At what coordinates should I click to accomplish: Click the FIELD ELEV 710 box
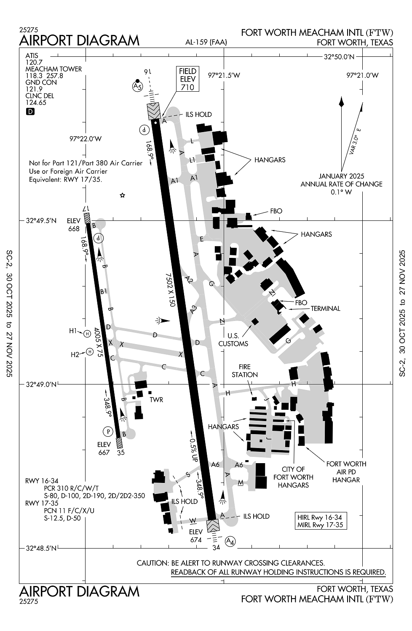coord(187,79)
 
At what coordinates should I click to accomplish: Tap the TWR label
coord(156,400)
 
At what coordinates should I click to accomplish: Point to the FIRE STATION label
coord(245,371)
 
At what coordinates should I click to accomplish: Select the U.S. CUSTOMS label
coord(233,340)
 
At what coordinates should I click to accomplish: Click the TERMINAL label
coord(325,308)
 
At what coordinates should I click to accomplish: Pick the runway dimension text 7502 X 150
coord(170,289)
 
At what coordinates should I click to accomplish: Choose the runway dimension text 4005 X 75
coord(99,342)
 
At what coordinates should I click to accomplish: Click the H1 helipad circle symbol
coord(87,334)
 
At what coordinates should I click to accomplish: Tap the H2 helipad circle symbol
coord(90,352)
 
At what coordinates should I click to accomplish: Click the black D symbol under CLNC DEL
coord(30,111)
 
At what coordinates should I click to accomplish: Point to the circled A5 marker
coord(137,86)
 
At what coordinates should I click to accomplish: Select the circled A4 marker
coord(230,541)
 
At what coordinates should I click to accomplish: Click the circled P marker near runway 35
coord(108,431)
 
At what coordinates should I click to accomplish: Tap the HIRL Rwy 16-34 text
coord(319,517)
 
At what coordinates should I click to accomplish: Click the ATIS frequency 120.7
coord(32,62)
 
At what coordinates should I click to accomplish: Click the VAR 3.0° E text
coord(356,141)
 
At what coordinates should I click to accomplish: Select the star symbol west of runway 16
coord(123,195)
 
